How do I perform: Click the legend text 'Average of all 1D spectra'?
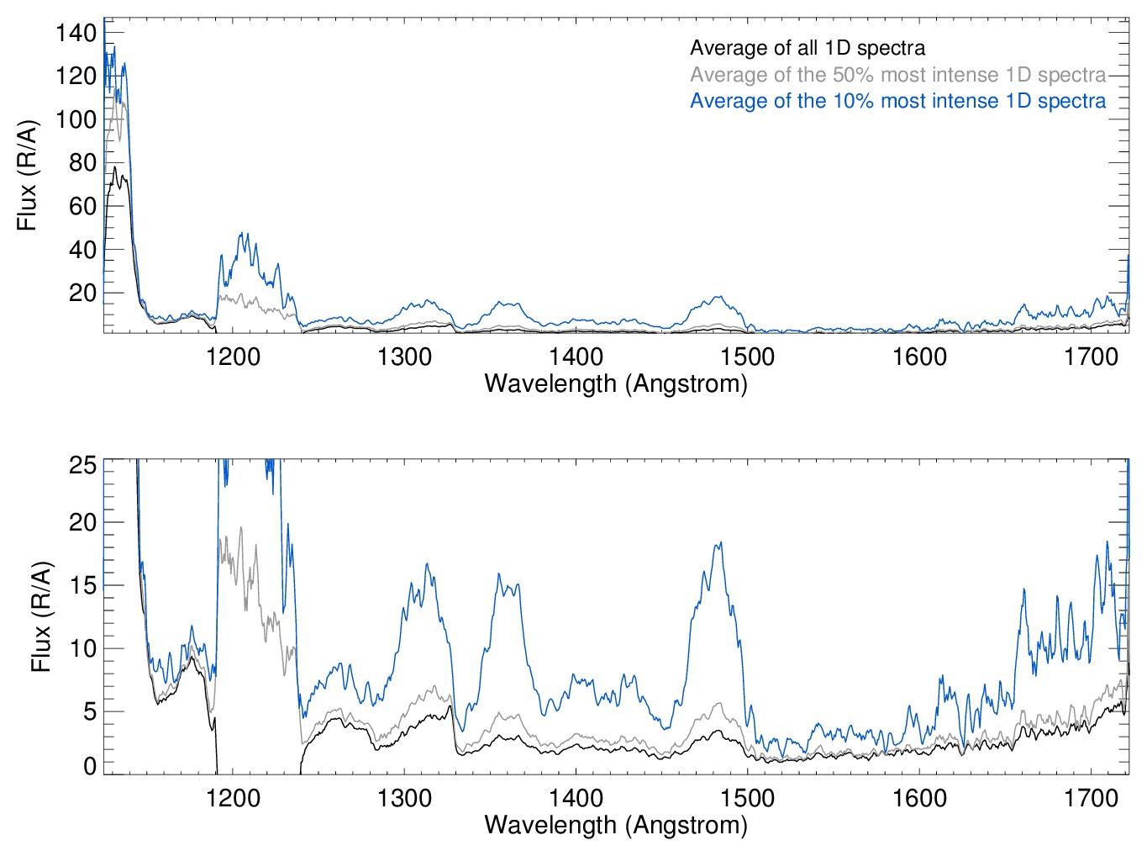pos(807,48)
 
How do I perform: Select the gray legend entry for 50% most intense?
pos(897,75)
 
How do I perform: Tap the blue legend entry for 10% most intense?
pos(897,101)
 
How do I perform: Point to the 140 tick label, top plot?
pos(76,34)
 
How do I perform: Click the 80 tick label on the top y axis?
pos(82,163)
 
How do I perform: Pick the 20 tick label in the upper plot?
pos(82,293)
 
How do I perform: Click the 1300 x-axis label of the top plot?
pos(404,357)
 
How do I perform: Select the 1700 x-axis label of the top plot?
pos(1091,357)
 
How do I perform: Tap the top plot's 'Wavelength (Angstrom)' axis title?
pos(616,384)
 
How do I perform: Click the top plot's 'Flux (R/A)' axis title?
pos(28,176)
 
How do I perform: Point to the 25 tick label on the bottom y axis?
pos(82,466)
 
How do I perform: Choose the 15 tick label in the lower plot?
pos(82,586)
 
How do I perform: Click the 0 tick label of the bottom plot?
pos(89,766)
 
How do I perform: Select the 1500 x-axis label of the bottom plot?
pos(747,798)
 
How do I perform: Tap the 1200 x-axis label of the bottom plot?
pos(233,798)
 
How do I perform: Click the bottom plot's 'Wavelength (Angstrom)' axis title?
pos(616,825)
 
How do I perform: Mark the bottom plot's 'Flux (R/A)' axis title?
pos(41,617)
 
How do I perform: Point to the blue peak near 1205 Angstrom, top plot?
pos(244,234)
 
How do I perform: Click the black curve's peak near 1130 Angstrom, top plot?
pos(115,167)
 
